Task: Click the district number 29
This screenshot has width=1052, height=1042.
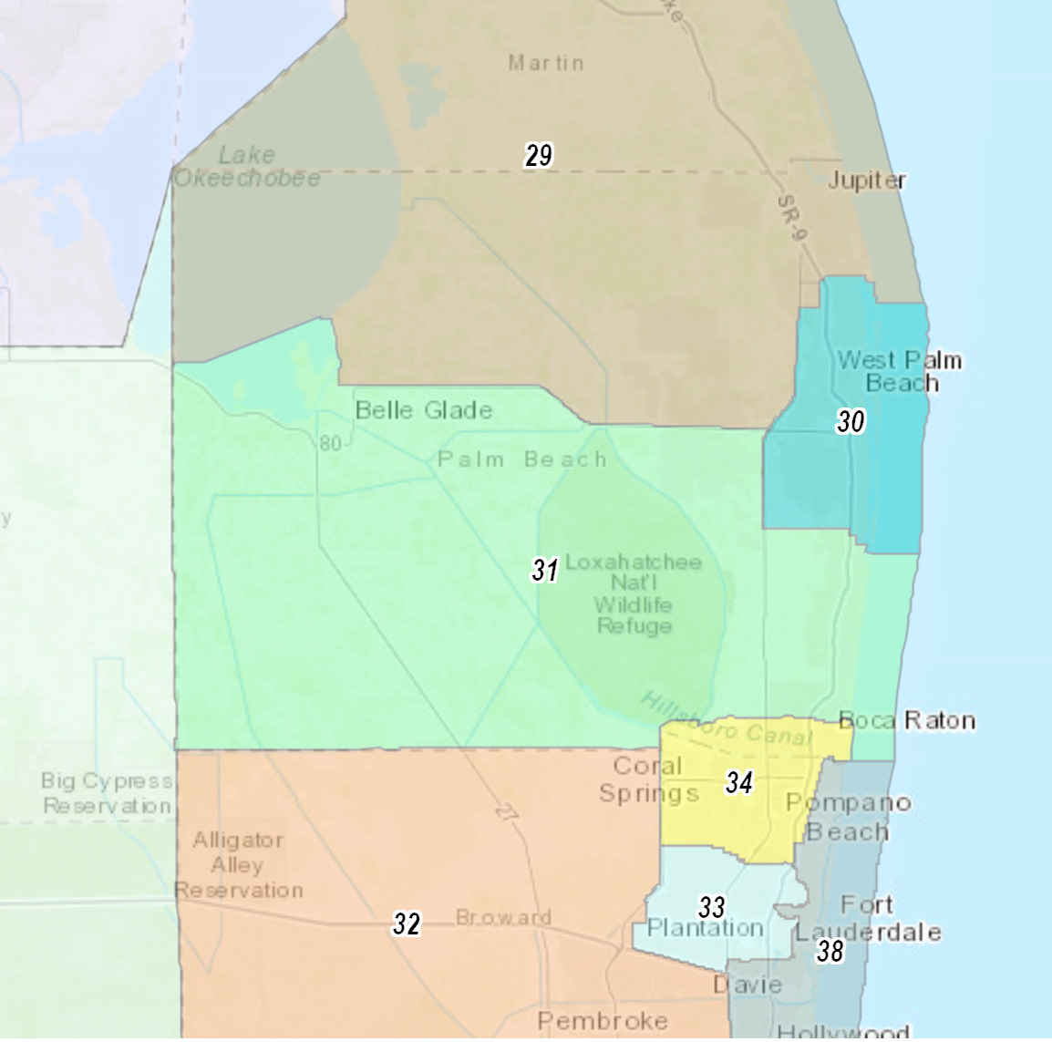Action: (539, 156)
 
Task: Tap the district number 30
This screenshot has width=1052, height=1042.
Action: (851, 421)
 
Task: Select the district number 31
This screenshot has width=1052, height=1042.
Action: (545, 571)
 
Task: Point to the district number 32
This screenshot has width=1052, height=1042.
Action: (407, 924)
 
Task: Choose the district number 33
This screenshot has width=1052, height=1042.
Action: (712, 907)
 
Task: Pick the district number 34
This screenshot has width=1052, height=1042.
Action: (739, 782)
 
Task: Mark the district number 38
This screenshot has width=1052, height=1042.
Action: (830, 952)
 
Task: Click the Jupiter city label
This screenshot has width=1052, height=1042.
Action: (866, 181)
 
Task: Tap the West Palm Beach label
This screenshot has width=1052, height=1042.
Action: (900, 371)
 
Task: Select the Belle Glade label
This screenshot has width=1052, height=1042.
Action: (424, 410)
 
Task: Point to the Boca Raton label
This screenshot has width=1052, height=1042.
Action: (907, 721)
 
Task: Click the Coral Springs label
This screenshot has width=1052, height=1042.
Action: (648, 779)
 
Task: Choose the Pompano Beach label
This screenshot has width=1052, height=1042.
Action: (849, 817)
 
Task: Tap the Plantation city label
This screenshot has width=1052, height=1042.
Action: (706, 929)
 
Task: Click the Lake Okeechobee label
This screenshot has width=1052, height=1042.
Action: (247, 167)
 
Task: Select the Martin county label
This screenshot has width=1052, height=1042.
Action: (546, 63)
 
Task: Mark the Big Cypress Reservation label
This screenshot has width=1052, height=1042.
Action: (107, 793)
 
